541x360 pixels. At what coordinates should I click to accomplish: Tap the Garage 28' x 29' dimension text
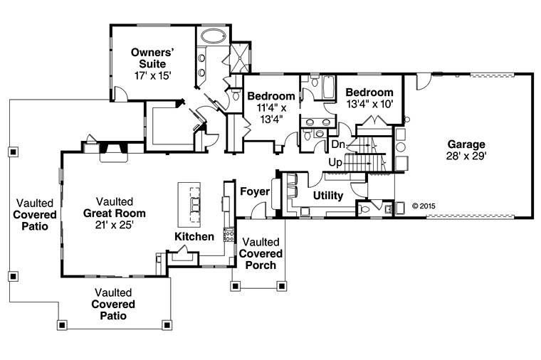[466, 157]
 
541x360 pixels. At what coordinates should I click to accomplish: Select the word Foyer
[255, 191]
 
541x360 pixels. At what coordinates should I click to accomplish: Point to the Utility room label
[328, 196]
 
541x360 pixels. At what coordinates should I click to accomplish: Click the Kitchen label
[194, 236]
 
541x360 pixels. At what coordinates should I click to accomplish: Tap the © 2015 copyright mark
[424, 206]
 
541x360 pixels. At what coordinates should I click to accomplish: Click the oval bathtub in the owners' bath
[214, 36]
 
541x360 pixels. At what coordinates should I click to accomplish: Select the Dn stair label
[338, 144]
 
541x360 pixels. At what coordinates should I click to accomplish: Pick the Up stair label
[335, 162]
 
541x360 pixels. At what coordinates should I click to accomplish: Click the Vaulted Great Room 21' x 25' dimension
[115, 225]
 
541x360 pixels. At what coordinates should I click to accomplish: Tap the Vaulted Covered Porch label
[261, 253]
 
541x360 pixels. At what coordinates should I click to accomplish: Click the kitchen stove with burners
[229, 235]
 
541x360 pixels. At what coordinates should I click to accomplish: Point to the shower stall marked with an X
[240, 58]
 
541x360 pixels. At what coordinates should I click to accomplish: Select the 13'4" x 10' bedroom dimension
[369, 104]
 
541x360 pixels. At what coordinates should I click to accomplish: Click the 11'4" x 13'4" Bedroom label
[271, 107]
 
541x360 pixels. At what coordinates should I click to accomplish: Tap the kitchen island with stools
[189, 204]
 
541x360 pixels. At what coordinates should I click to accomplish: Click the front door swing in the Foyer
[258, 211]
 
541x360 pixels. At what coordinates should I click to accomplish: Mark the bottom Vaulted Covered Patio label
[113, 304]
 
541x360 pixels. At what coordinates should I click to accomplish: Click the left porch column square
[236, 286]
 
